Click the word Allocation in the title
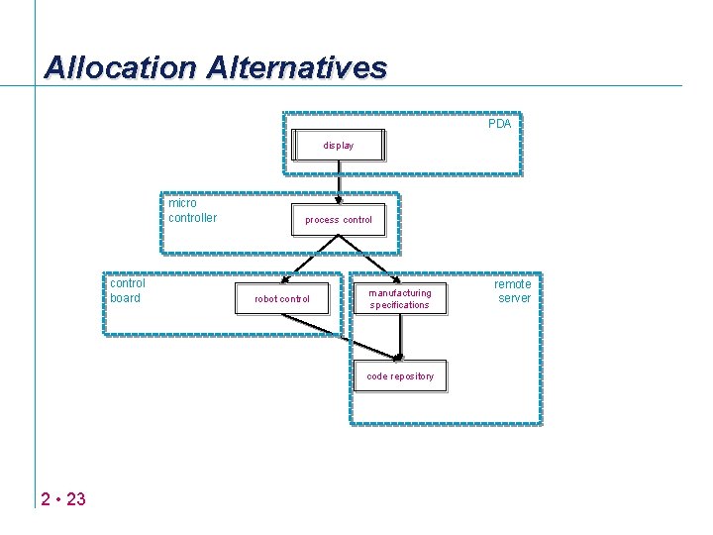(121, 67)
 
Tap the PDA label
(499, 124)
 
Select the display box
(338, 145)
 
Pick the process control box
(338, 219)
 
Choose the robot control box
(281, 298)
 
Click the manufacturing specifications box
(400, 298)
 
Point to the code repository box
(400, 376)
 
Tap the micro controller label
(192, 210)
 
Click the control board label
(126, 290)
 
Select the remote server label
(514, 290)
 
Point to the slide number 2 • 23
(63, 498)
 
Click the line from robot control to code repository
(337, 337)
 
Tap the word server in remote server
(514, 298)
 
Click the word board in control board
(125, 298)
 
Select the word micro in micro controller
(182, 203)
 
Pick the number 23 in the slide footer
(75, 498)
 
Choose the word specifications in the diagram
(400, 305)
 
